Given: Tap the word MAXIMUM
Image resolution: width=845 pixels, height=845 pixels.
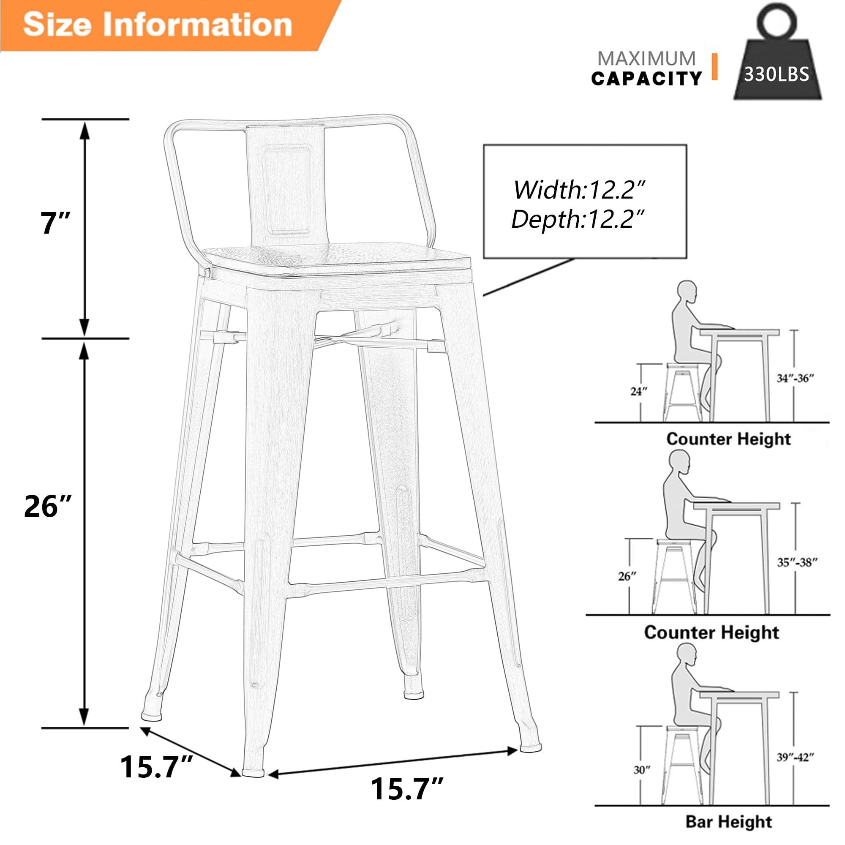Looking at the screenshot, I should [646, 59].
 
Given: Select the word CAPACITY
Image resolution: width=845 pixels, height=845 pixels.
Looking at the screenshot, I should [646, 79].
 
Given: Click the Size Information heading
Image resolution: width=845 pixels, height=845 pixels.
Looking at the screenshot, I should [158, 25].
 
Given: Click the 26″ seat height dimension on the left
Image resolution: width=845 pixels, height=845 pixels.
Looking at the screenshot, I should [47, 507].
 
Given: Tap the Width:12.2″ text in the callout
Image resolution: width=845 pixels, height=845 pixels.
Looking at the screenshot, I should [580, 190].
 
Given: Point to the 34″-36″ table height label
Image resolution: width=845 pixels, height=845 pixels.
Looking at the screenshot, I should [795, 378].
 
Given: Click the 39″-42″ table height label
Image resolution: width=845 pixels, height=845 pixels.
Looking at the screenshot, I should [795, 757].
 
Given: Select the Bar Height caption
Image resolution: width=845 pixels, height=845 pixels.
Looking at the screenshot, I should [728, 821].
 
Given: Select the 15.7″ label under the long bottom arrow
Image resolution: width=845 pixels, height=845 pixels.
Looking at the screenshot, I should [407, 788].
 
